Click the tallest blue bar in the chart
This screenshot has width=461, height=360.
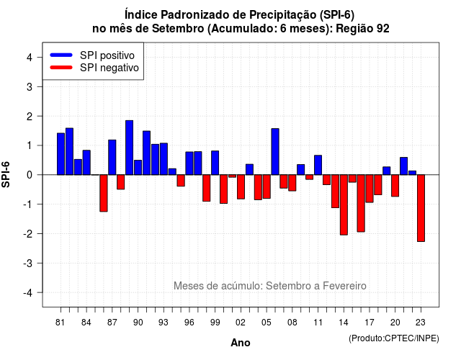(129, 148)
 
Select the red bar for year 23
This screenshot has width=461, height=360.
(421, 208)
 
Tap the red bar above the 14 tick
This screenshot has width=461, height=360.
(344, 204)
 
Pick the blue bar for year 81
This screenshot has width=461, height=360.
(61, 154)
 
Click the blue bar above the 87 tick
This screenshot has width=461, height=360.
(112, 157)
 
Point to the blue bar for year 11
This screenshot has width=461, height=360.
(318, 165)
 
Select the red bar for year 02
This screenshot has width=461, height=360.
(241, 187)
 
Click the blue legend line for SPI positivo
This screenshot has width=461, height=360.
(61, 55)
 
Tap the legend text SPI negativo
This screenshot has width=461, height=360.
(109, 68)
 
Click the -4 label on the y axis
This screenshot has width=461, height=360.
(28, 293)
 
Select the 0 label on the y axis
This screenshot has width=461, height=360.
(30, 175)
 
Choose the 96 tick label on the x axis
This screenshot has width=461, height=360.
(189, 323)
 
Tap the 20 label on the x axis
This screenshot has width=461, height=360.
(395, 323)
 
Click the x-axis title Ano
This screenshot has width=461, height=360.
(241, 343)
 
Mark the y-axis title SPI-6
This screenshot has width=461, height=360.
(6, 174)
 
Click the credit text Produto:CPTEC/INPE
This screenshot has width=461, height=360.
(394, 338)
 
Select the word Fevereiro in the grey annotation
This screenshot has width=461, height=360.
(344, 286)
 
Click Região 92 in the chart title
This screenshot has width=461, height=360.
(362, 29)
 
